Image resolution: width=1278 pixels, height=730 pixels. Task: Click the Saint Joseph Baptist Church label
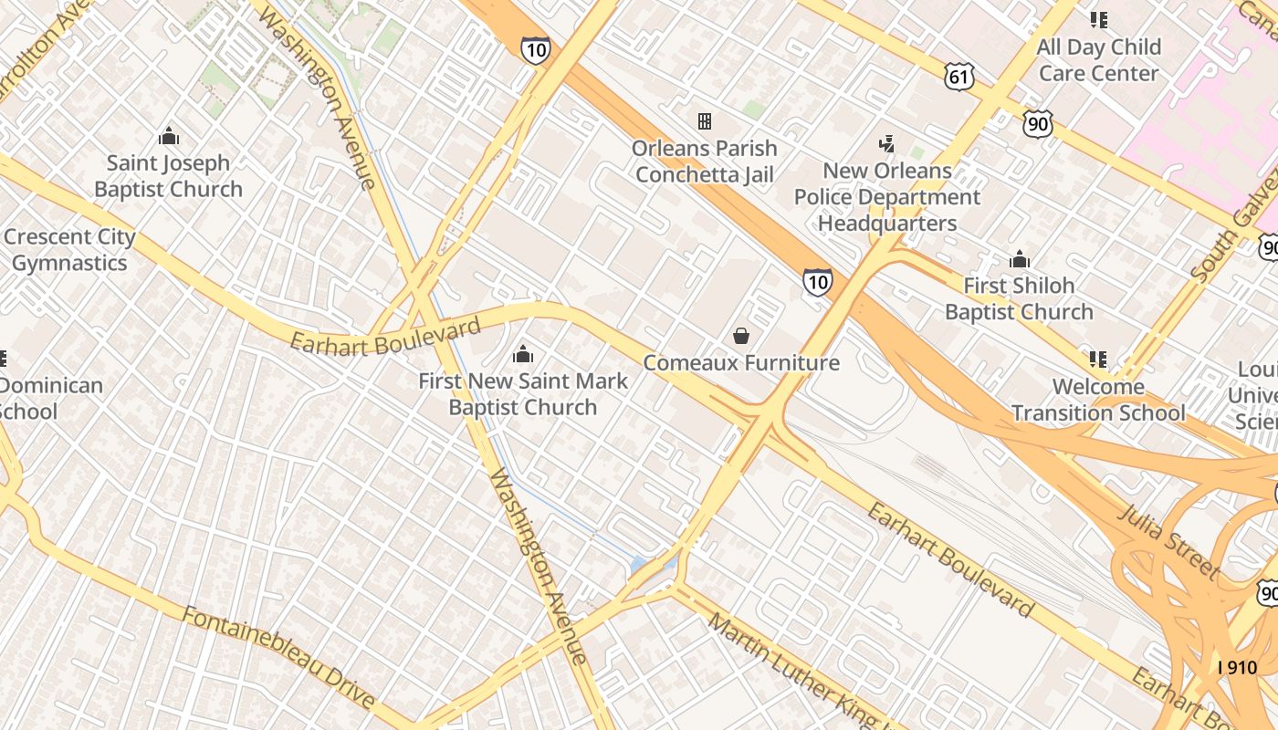click(x=168, y=176)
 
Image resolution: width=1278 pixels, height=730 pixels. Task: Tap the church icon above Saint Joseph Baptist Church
click(x=168, y=137)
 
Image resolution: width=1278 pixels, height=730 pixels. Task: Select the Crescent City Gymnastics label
click(x=69, y=250)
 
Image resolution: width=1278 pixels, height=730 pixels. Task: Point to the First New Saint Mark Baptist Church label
click(x=523, y=394)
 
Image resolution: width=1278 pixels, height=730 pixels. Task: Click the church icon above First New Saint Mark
click(x=523, y=353)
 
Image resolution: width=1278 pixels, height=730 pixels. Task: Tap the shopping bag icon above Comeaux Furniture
click(x=741, y=336)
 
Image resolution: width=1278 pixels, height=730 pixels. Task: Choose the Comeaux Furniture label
click(x=741, y=362)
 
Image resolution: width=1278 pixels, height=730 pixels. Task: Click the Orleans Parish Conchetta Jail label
click(x=705, y=162)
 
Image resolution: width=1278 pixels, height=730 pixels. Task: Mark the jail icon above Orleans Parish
click(x=705, y=121)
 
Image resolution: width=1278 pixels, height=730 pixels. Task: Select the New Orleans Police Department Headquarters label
click(x=887, y=197)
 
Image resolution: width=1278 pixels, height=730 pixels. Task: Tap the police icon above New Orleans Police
click(x=886, y=143)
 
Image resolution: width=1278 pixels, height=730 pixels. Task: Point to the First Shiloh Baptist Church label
click(x=1019, y=298)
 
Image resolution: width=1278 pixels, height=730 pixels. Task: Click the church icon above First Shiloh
click(x=1020, y=260)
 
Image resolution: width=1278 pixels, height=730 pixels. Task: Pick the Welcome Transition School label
click(x=1098, y=400)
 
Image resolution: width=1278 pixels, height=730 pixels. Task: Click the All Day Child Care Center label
click(x=1099, y=59)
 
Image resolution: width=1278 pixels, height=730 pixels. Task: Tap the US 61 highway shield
click(x=959, y=77)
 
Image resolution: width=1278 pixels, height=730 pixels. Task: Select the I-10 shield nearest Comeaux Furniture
click(x=817, y=282)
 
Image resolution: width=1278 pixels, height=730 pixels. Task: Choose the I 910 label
click(x=1237, y=667)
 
